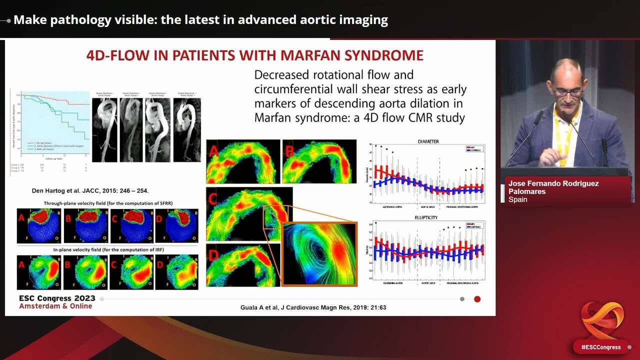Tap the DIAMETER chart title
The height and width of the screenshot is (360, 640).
coord(428,141)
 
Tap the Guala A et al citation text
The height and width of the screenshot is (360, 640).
coord(313,307)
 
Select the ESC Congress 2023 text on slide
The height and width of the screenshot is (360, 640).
coord(56,297)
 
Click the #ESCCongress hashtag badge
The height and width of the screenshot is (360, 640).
coord(600,347)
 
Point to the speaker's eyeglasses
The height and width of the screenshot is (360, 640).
coord(567,92)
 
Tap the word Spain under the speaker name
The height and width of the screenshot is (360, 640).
coord(518,199)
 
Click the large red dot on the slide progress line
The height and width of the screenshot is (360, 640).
coord(477,299)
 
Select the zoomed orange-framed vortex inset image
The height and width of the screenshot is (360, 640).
coord(319,254)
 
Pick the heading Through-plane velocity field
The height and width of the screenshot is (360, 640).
coord(105,203)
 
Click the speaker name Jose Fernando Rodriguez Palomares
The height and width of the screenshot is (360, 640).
coord(553,187)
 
